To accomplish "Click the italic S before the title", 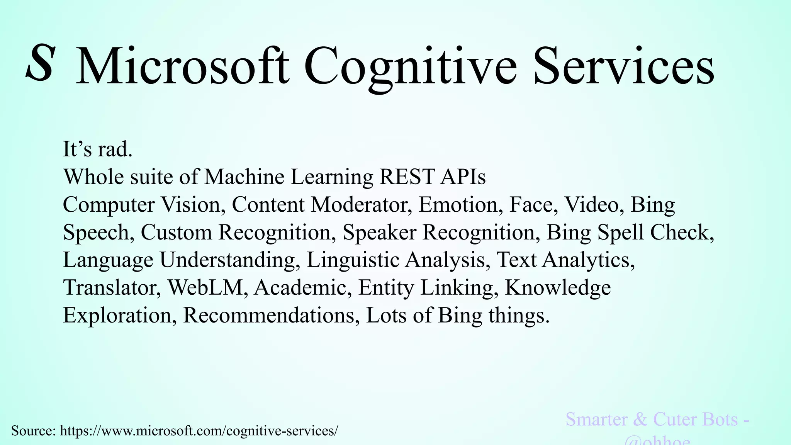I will [39, 64].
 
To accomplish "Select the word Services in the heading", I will [624, 66].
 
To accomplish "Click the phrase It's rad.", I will [98, 149].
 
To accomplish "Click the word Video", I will [594, 204].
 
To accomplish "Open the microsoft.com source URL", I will [199, 431].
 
